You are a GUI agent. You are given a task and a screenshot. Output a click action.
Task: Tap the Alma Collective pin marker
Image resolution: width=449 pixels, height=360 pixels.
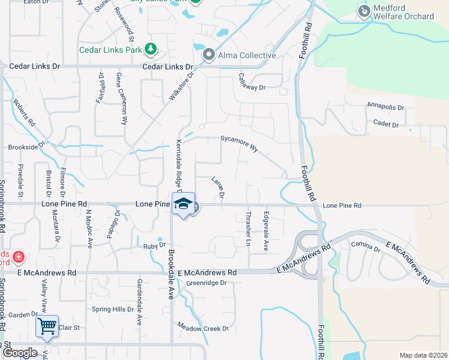point(209,55)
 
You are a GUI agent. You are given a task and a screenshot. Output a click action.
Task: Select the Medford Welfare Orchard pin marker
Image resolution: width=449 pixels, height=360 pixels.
point(364,11)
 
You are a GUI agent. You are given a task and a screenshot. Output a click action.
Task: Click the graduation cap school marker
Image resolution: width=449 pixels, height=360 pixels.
point(183,204)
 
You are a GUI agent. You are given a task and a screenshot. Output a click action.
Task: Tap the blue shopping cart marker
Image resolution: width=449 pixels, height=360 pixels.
point(46,327)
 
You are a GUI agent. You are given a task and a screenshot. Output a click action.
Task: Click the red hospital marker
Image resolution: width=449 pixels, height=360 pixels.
point(19,257)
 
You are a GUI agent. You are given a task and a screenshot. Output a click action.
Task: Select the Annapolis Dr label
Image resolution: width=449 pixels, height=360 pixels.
point(386,107)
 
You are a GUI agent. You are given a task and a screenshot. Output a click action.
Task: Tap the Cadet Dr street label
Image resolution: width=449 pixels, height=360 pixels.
point(387,124)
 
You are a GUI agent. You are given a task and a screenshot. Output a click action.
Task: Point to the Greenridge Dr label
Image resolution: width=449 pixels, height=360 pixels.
point(206,283)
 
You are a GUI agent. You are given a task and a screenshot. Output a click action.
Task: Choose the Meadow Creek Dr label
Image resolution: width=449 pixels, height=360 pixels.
point(203,327)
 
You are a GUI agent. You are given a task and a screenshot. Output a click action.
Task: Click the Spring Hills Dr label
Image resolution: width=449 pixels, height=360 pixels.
point(112,310)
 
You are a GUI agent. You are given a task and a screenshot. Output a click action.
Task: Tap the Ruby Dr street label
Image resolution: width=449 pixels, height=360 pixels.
point(154,245)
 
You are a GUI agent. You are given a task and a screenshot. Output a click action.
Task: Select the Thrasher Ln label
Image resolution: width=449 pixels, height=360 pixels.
point(249,229)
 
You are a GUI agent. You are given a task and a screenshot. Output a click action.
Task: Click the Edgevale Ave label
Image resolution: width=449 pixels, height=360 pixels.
point(266,223)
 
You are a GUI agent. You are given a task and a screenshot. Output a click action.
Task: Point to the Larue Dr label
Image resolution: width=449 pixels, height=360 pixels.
point(218,187)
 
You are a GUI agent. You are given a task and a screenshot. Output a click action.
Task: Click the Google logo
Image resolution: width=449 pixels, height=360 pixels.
point(20,353)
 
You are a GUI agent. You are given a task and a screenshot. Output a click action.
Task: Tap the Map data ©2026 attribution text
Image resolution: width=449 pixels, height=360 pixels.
point(423,355)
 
